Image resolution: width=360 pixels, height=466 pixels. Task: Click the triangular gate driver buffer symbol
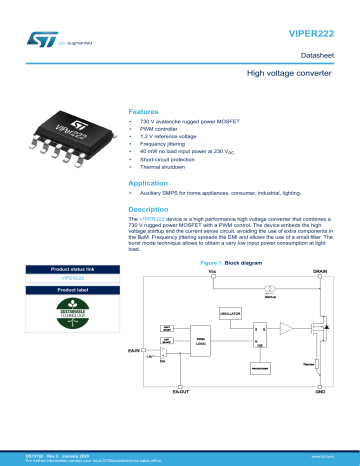click(x=288, y=328)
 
